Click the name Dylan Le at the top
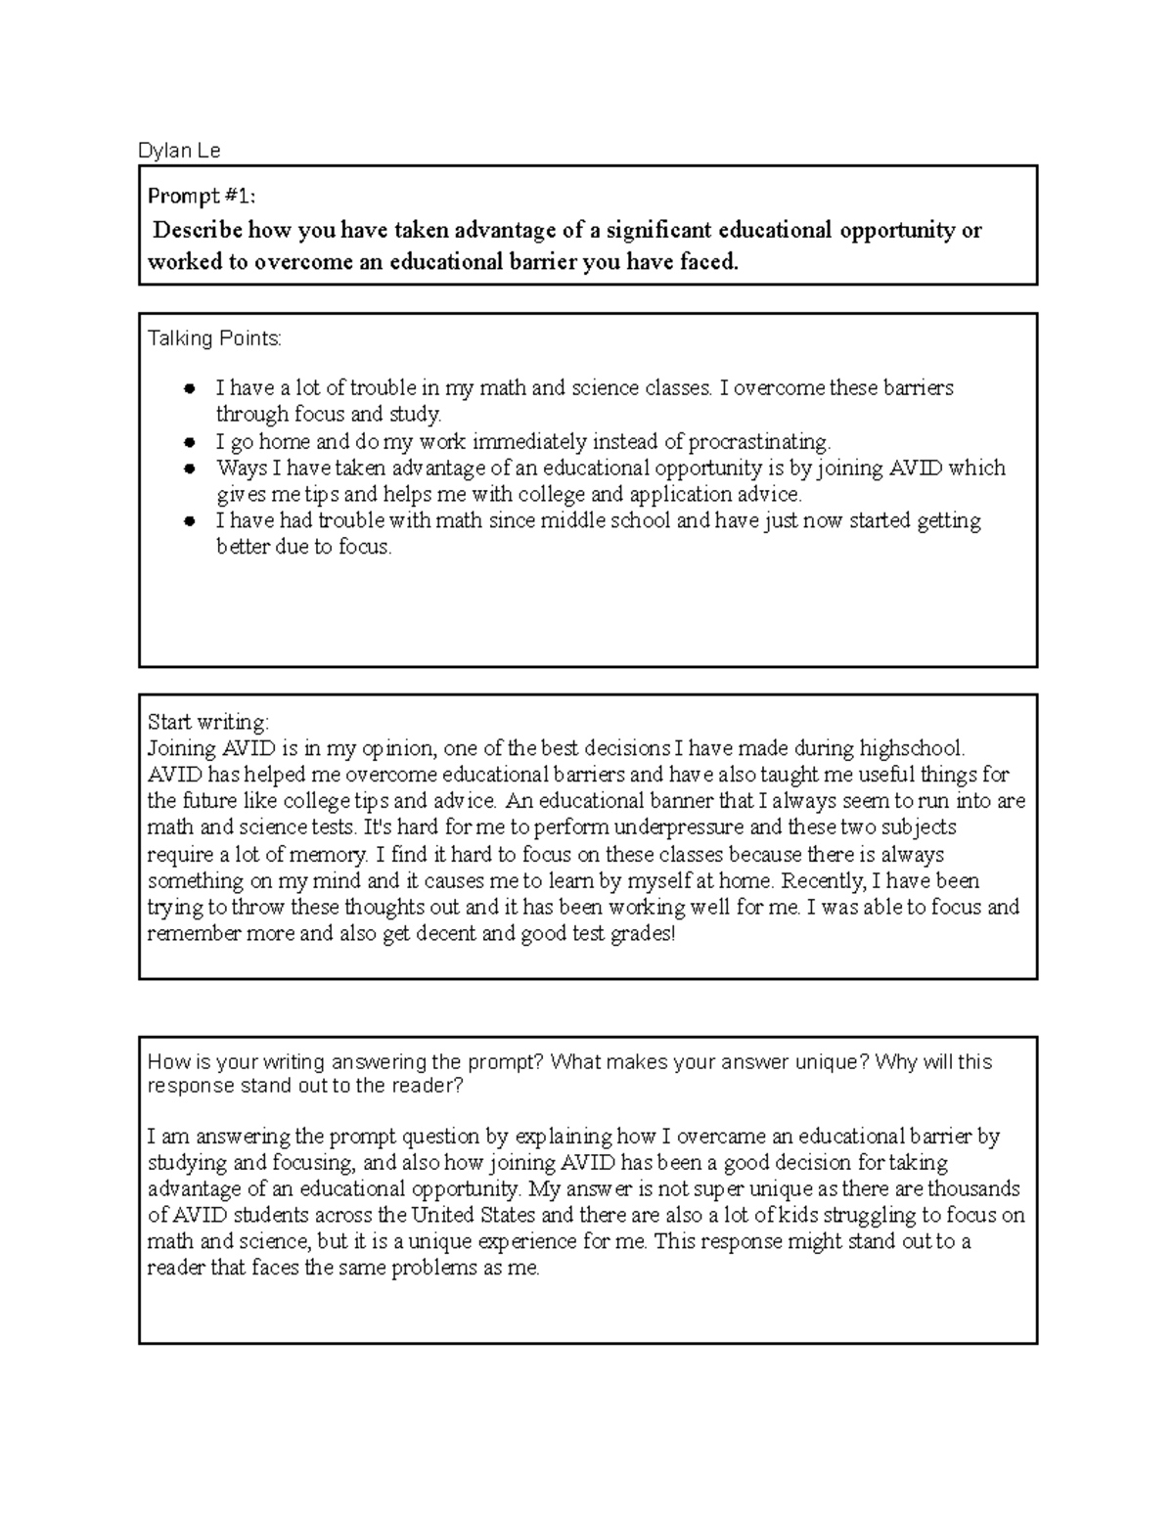(179, 151)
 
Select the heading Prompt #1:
(202, 197)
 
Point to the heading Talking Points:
(214, 338)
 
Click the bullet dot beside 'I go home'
(191, 442)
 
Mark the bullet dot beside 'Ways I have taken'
(191, 469)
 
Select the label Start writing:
(207, 723)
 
